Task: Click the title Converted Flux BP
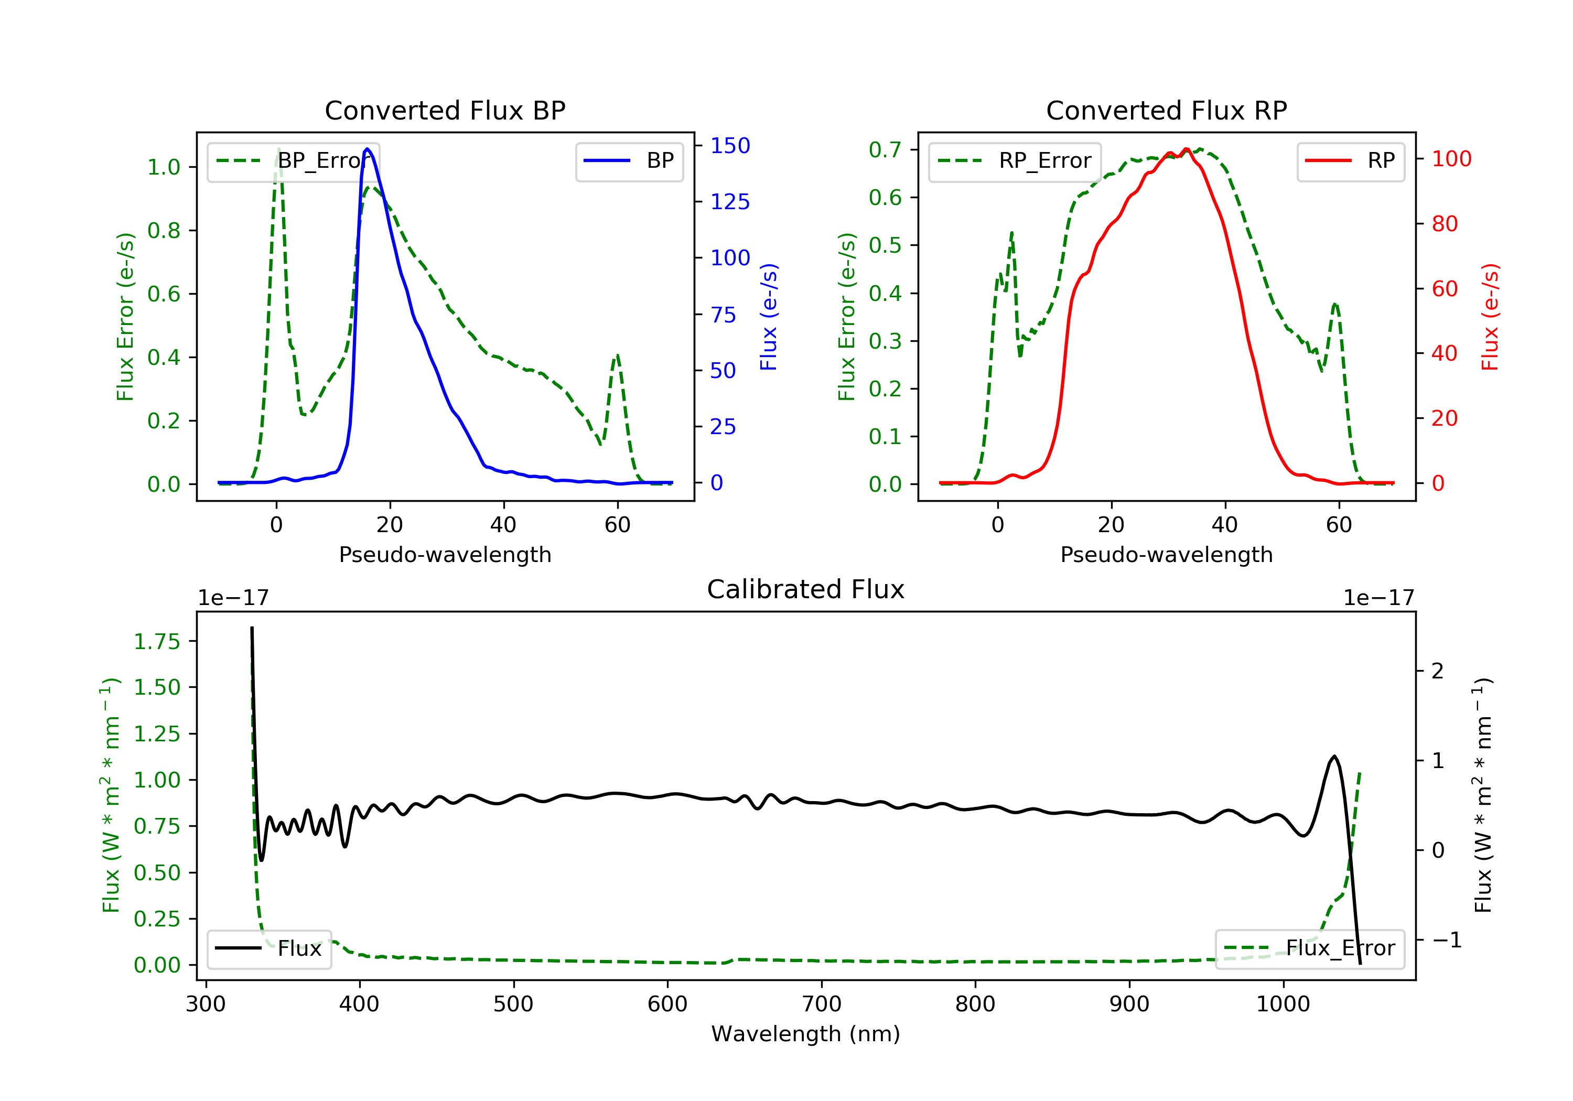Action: tap(445, 110)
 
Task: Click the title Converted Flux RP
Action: tap(1166, 110)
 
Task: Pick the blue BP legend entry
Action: tap(629, 161)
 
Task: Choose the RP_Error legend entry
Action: tap(1015, 161)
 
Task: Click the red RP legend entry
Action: tap(1350, 161)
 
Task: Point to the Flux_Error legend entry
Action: tap(1309, 948)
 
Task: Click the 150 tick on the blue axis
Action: tap(730, 145)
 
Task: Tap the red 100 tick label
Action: tap(1451, 159)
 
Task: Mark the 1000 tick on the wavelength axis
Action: tap(1283, 1005)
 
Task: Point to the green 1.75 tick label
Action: tap(157, 641)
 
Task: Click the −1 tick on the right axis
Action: tap(1447, 940)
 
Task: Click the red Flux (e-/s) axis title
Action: tap(1490, 317)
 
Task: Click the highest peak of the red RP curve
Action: tap(1186, 149)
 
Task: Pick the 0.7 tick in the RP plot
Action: tap(885, 149)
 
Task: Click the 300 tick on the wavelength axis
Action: tap(206, 1005)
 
